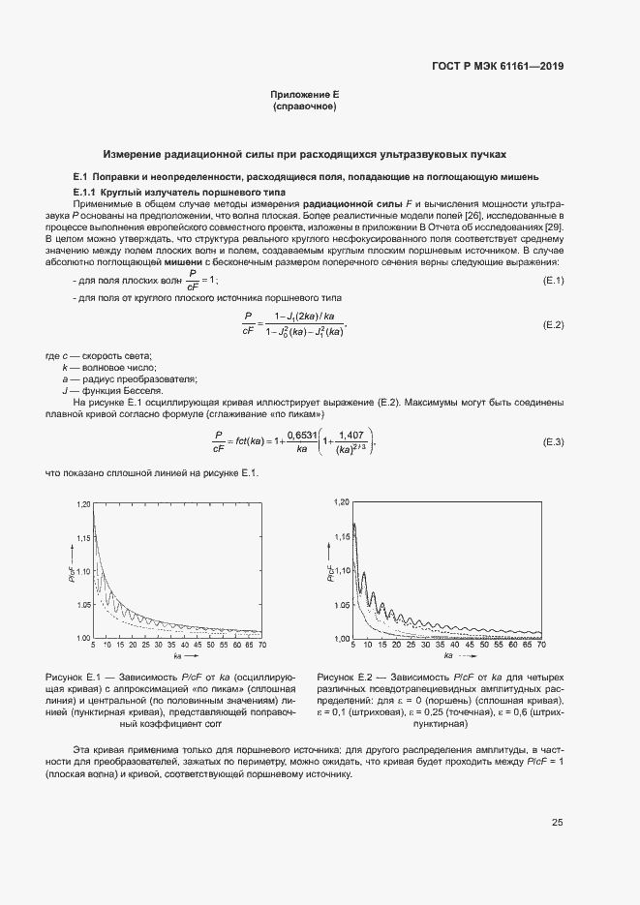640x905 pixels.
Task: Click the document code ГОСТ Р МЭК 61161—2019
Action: [498, 67]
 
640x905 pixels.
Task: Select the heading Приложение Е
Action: [304, 95]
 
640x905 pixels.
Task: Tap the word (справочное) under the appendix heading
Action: [304, 106]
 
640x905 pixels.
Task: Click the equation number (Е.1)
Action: [552, 281]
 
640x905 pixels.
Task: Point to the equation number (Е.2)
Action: [552, 324]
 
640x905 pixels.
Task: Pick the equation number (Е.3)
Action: [552, 414]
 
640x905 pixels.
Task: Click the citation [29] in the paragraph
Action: [554, 226]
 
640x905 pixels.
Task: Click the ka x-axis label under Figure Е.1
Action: [178, 657]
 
